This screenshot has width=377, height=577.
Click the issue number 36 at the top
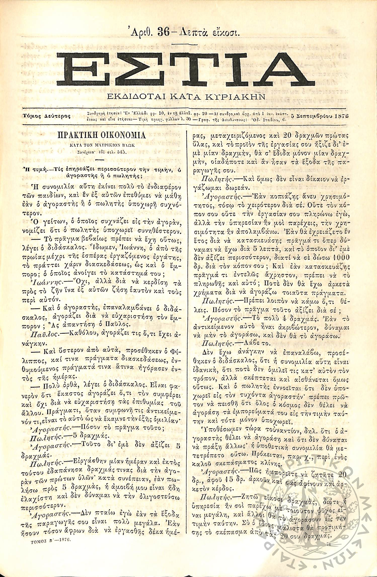click(x=163, y=32)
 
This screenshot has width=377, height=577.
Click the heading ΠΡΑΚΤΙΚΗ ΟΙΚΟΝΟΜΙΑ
click(x=102, y=135)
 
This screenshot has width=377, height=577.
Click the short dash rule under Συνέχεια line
click(x=100, y=159)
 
